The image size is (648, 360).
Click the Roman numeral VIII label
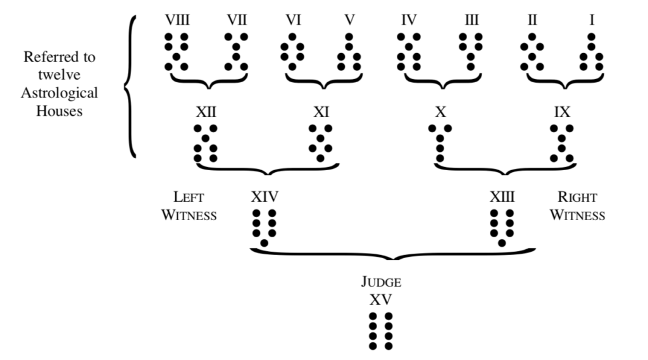(x=177, y=20)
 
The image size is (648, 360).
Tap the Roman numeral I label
(x=592, y=20)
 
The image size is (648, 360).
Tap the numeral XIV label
(x=265, y=197)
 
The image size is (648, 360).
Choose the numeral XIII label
(x=502, y=197)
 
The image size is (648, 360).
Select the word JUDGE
(x=380, y=283)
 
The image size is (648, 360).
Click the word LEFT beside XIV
(x=189, y=197)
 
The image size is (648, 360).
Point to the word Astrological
(x=59, y=94)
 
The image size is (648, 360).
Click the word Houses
(x=59, y=112)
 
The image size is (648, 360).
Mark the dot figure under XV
(x=380, y=331)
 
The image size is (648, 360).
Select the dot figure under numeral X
(x=440, y=143)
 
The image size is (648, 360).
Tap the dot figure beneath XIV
(x=265, y=227)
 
